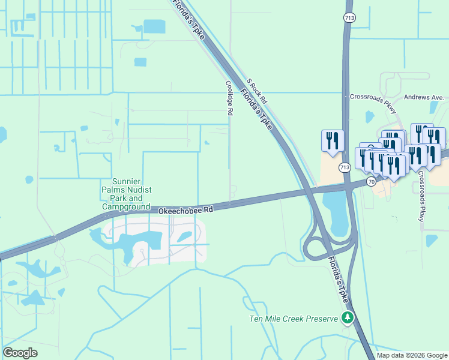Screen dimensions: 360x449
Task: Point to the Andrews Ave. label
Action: (x=424, y=97)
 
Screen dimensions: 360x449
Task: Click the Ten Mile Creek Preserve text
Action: (x=294, y=318)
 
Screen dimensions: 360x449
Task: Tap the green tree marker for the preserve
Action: (x=347, y=317)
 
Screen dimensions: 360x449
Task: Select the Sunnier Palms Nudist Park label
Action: (x=126, y=194)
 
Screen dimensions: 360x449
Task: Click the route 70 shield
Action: (x=372, y=181)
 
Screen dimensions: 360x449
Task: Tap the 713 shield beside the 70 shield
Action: (x=344, y=167)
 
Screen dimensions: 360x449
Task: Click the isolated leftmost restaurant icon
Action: (x=333, y=142)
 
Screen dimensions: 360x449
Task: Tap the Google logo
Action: (x=20, y=353)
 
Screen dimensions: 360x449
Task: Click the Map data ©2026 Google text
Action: (x=412, y=355)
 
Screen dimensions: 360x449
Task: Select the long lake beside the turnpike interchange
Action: (x=335, y=213)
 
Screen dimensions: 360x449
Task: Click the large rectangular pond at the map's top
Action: (x=154, y=26)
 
